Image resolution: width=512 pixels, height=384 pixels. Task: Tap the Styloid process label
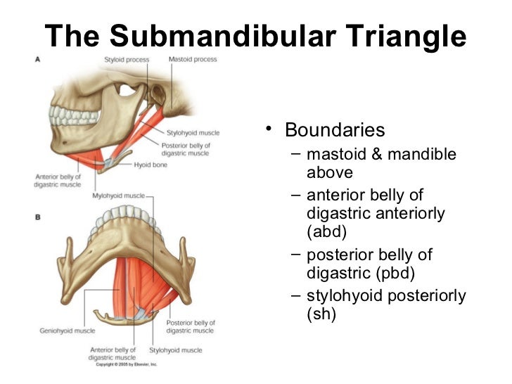click(127, 60)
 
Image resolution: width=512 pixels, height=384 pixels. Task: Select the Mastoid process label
click(193, 60)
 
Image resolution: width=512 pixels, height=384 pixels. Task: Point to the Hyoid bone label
click(151, 165)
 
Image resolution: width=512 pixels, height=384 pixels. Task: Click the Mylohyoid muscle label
click(118, 196)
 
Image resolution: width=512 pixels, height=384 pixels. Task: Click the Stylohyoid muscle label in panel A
click(193, 132)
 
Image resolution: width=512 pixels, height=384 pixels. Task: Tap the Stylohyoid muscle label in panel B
click(176, 350)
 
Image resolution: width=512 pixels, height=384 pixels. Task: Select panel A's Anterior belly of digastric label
click(57, 181)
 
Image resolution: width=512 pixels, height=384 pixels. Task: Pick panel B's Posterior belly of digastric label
click(190, 326)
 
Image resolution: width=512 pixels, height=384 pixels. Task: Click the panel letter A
click(38, 60)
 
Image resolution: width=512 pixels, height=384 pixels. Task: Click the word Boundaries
click(334, 131)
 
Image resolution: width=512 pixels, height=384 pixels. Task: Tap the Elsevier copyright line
click(126, 364)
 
